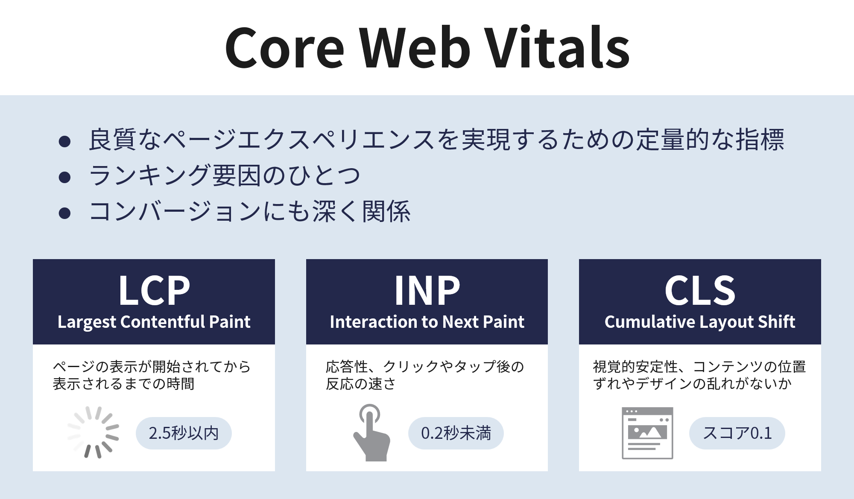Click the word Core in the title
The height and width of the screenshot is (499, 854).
pyautogui.click(x=284, y=48)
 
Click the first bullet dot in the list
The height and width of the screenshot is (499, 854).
pyautogui.click(x=64, y=141)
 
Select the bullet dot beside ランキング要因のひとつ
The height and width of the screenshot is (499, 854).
pyautogui.click(x=64, y=177)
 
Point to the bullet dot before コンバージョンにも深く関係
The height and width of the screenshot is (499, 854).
pyautogui.click(x=64, y=213)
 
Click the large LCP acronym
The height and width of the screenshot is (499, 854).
pyautogui.click(x=154, y=291)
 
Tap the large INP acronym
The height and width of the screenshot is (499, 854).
pyautogui.click(x=427, y=291)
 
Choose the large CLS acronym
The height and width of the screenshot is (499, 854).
pyautogui.click(x=700, y=291)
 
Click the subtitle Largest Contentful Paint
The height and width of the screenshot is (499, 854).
pyautogui.click(x=154, y=322)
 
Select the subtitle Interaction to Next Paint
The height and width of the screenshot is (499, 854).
pyautogui.click(x=427, y=322)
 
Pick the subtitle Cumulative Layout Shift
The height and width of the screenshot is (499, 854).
pyautogui.click(x=700, y=322)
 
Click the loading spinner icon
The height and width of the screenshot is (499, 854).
pyautogui.click(x=93, y=432)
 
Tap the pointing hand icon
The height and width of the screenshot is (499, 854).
pyautogui.click(x=371, y=432)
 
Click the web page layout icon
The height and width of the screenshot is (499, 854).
pyautogui.click(x=647, y=433)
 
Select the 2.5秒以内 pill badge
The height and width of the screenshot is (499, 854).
pyautogui.click(x=184, y=433)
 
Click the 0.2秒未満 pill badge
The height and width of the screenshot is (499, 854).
pyautogui.click(x=456, y=433)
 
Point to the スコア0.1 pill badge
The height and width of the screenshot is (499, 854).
pyautogui.click(x=737, y=433)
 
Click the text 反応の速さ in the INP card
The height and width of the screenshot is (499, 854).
pyautogui.click(x=361, y=384)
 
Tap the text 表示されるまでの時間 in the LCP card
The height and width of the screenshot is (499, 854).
pyautogui.click(x=124, y=384)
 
